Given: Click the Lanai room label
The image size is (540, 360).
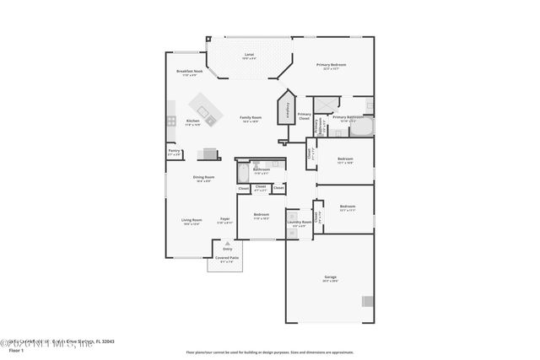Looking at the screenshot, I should pyautogui.click(x=249, y=56).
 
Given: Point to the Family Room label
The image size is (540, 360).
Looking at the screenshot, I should pyautogui.click(x=250, y=119).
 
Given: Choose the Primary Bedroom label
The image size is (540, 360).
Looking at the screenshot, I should pyautogui.click(x=332, y=67).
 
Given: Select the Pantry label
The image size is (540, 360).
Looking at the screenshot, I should pyautogui.click(x=174, y=153).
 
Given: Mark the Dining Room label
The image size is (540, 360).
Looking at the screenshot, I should pyautogui.click(x=205, y=179).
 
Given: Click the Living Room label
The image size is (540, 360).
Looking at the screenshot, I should pyautogui.click(x=191, y=222).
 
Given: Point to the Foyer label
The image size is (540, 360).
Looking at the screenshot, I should pyautogui.click(x=225, y=220).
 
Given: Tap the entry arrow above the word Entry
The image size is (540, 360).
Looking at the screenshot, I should pyautogui.click(x=227, y=243).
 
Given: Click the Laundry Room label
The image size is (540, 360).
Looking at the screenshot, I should pyautogui.click(x=299, y=224).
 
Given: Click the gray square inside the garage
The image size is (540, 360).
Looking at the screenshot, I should pyautogui.click(x=368, y=301).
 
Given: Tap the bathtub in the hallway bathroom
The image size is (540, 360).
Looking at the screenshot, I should pyautogui.click(x=242, y=174).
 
